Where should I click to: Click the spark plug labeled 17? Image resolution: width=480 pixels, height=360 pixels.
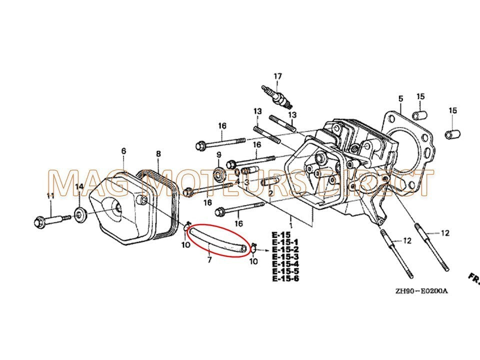[276, 96]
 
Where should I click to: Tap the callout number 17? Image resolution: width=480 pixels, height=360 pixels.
[277, 76]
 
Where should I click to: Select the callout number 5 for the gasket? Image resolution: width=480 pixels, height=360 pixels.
[400, 98]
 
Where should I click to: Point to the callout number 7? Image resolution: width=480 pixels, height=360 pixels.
[209, 259]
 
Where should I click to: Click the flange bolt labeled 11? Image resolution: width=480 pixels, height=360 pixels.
[50, 220]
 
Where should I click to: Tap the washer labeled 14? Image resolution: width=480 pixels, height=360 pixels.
[80, 215]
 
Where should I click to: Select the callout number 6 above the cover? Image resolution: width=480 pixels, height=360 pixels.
[123, 151]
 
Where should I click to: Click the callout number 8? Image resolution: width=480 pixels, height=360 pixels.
[158, 153]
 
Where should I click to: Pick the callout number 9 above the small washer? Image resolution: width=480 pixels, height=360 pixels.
[218, 155]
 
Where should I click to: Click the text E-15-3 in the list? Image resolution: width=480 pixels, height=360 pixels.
[285, 256]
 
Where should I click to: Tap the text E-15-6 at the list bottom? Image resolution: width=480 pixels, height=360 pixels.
[285, 278]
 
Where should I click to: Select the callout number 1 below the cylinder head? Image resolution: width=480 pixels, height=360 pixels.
[290, 219]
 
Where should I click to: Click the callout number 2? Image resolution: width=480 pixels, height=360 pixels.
[270, 193]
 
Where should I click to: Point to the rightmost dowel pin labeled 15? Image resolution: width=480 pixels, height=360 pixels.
[451, 134]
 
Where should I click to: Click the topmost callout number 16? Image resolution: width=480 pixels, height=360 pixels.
[222, 125]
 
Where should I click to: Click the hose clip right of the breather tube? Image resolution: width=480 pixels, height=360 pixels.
[253, 246]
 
